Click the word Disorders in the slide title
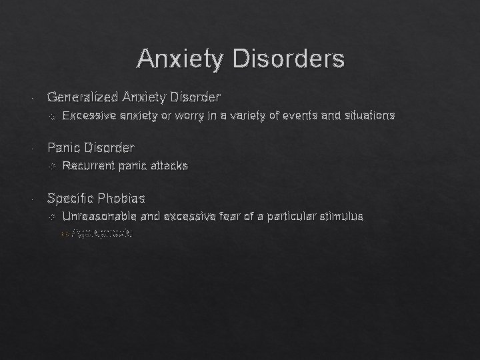pos(288,59)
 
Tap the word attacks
pos(168,165)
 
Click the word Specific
pos(70,198)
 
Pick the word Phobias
pos(121,198)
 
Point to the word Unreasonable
pos(99,216)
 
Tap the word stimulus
pos(342,216)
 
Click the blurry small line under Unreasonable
pos(100,234)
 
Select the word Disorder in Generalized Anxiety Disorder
pos(195,97)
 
